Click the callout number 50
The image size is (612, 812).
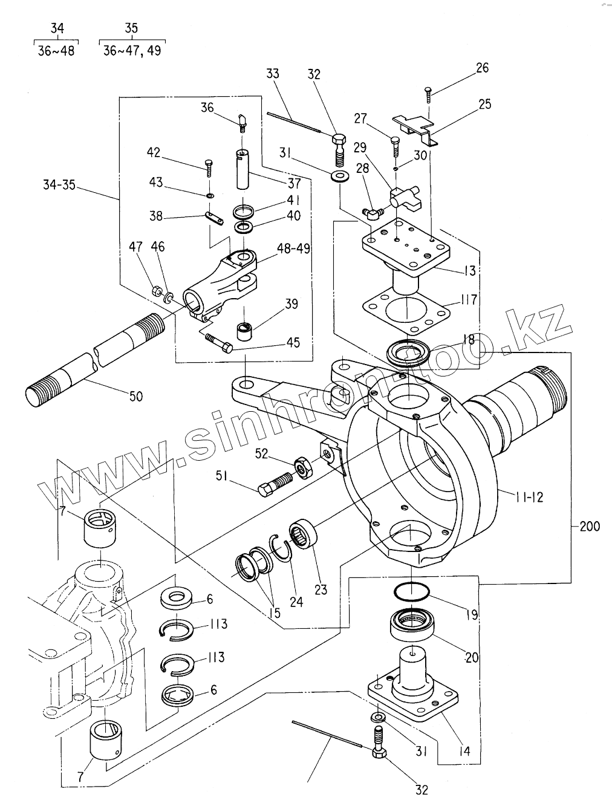pyautogui.click(x=136, y=396)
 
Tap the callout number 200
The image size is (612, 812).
pyautogui.click(x=590, y=526)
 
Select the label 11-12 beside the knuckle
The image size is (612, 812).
pyautogui.click(x=529, y=497)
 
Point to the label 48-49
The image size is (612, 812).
pyautogui.click(x=293, y=248)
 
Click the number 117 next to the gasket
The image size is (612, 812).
pyautogui.click(x=469, y=299)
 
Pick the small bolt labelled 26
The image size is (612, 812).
pyautogui.click(x=429, y=95)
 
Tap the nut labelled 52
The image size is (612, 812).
pyautogui.click(x=304, y=469)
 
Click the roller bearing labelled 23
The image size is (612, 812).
pyautogui.click(x=304, y=533)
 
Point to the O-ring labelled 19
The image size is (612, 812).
pyautogui.click(x=411, y=591)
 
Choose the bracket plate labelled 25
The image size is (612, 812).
pyautogui.click(x=415, y=128)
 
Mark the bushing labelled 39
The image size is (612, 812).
pyautogui.click(x=244, y=329)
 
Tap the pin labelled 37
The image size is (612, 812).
pyautogui.click(x=243, y=169)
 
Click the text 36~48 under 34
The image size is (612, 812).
pyautogui.click(x=56, y=51)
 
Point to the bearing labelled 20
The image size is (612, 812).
pyautogui.click(x=412, y=625)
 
